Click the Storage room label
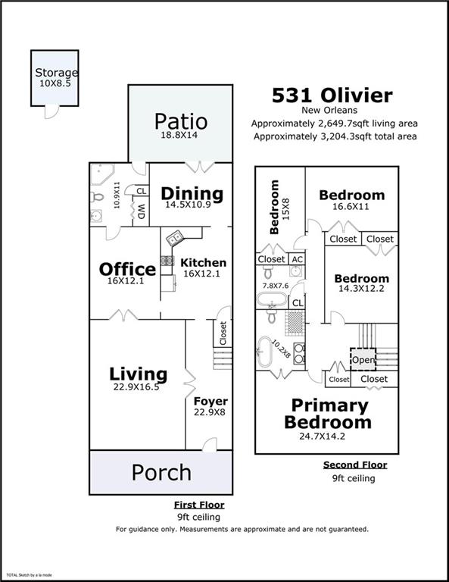click(x=56, y=73)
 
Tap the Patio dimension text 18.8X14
click(x=179, y=135)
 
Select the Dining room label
click(x=192, y=194)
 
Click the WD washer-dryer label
click(x=142, y=211)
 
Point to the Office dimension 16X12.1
click(x=126, y=281)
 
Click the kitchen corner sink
click(x=175, y=238)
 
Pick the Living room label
click(x=138, y=374)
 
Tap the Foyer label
click(x=210, y=401)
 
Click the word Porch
click(x=161, y=473)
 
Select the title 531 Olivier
click(x=332, y=95)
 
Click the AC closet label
click(x=298, y=259)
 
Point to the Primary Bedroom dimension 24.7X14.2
click(x=323, y=436)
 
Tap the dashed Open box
click(x=363, y=359)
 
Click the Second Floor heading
click(x=355, y=465)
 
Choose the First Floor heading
click(x=199, y=505)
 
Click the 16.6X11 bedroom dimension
click(x=351, y=206)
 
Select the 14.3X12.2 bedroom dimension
click(x=361, y=289)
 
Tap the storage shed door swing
click(x=51, y=112)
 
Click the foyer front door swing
click(x=210, y=444)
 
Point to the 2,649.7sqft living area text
click(x=335, y=124)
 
